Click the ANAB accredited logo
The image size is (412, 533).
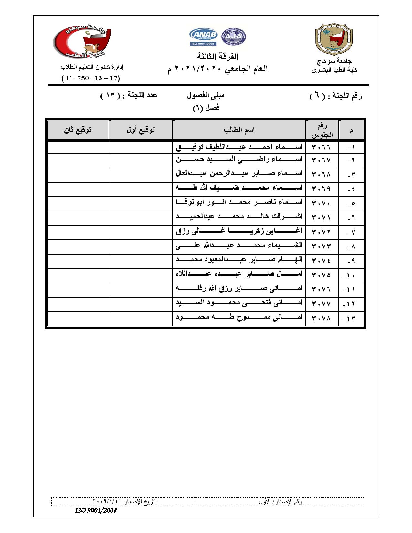pos(204,37)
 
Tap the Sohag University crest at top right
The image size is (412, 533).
pos(334,39)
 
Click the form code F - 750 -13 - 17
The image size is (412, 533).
pos(90,78)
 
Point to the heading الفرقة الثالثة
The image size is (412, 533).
pos(217,57)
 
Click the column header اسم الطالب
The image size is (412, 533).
pos(239,130)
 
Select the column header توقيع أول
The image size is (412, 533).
pos(140,130)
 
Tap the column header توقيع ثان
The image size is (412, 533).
pos(78,130)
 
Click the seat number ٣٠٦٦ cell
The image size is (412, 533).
pos(321,147)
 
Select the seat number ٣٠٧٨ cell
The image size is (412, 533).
pos(321,319)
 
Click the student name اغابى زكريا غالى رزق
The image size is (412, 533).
pos(239,231)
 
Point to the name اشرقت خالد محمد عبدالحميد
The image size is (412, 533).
pos(239,217)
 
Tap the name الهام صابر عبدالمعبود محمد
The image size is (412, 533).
pos(239,260)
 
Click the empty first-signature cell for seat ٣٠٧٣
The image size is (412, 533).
pos(140,246)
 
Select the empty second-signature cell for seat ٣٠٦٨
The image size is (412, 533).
pos(78,175)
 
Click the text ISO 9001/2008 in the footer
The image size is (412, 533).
pos(96,511)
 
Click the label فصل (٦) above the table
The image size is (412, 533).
pos(206,108)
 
